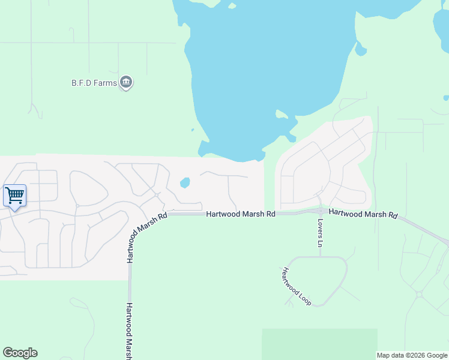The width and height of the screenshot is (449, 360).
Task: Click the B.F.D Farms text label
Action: pos(94,83)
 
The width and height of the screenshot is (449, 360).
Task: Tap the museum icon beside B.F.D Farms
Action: pos(126,82)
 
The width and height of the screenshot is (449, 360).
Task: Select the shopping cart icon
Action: pos(14,195)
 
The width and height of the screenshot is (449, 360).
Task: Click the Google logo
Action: pos(20,353)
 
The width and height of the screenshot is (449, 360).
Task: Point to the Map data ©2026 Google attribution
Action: pos(412,355)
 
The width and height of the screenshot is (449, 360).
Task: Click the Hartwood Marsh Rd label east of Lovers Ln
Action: pos(363,214)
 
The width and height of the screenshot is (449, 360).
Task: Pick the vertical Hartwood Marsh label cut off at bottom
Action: pos(130,331)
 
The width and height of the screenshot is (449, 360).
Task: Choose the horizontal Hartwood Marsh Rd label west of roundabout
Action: pos(241,214)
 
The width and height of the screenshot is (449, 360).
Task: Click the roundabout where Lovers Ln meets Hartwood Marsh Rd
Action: pos(321,211)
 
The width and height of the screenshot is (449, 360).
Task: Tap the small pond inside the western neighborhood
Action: pos(185,182)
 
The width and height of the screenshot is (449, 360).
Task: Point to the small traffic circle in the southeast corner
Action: pos(419,295)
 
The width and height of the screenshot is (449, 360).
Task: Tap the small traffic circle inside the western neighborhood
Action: pos(155,194)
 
